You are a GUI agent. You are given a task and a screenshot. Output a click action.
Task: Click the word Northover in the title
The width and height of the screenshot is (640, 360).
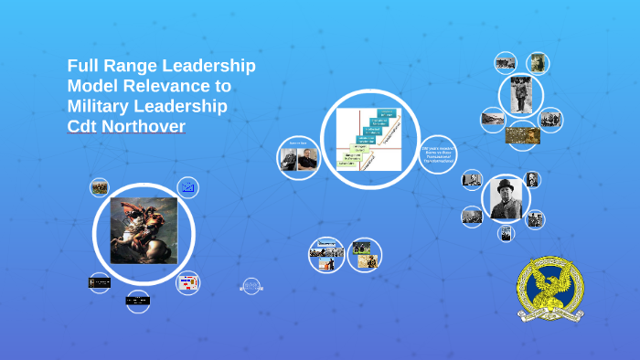tap(146, 126)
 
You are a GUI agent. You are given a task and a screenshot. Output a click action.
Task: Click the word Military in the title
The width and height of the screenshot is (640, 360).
tap(103, 106)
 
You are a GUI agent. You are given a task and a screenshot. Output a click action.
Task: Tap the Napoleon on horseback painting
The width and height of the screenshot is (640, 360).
tap(144, 230)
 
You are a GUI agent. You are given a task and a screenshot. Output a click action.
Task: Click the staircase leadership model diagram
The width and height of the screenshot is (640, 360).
tap(369, 139)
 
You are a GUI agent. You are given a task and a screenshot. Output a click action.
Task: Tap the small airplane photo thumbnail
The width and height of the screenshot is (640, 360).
tap(506, 62)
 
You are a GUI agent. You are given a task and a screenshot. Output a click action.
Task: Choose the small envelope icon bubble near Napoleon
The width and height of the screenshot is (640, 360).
tap(188, 187)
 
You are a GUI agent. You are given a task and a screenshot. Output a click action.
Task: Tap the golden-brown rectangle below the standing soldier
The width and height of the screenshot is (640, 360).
tap(522, 134)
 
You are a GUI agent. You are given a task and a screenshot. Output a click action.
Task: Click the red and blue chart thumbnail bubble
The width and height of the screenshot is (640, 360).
tap(187, 282)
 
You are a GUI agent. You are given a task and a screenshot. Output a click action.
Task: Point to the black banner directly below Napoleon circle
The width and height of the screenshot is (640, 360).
tap(138, 300)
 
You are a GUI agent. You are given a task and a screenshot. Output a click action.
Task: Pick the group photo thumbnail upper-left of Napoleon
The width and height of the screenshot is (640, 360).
tap(100, 187)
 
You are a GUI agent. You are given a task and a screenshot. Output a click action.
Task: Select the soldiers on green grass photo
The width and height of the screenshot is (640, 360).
tap(364, 247)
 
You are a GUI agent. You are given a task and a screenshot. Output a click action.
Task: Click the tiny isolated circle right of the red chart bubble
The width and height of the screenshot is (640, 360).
tap(251, 287)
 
